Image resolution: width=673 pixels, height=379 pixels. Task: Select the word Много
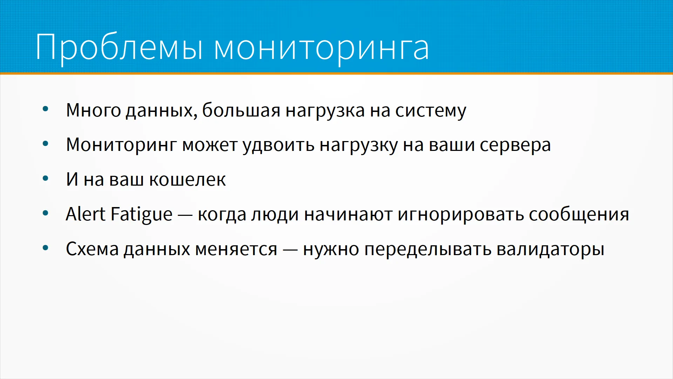coord(94,111)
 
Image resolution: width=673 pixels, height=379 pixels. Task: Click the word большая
coord(241,110)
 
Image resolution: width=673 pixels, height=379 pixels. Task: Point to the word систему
coord(431,112)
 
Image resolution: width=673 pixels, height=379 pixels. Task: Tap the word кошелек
coord(188,180)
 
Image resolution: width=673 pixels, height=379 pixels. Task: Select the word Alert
coord(86,214)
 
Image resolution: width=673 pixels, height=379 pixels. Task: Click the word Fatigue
coord(141,215)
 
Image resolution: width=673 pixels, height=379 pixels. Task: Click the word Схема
coord(93,249)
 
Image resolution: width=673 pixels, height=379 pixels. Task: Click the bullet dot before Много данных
coord(45,109)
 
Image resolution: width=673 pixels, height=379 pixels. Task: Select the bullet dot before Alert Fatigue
coord(45,213)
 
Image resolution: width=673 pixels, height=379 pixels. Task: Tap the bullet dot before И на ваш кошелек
coord(45,179)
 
